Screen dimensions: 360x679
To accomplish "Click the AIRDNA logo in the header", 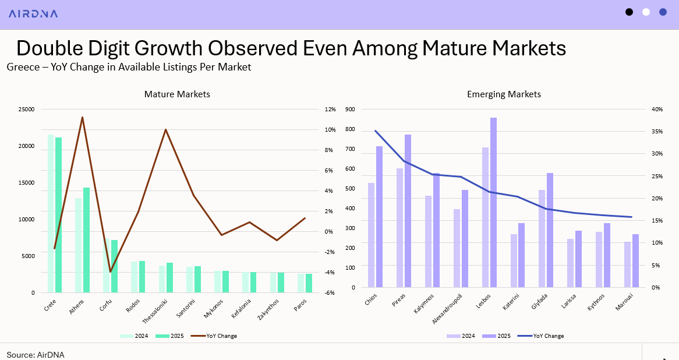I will [x=33, y=13].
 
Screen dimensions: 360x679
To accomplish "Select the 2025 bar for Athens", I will [x=87, y=239].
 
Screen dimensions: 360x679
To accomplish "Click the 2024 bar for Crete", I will [x=51, y=213].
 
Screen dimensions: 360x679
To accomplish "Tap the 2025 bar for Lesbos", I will [x=493, y=202].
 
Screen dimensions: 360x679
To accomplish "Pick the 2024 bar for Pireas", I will [x=399, y=228].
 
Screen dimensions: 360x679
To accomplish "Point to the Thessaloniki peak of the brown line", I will [x=165, y=129].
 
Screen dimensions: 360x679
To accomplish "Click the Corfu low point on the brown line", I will [x=110, y=272].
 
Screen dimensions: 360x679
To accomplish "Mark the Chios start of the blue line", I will [x=376, y=130].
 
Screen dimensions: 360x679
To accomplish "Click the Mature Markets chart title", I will [x=177, y=94].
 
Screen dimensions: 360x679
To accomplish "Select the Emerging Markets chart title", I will [x=504, y=94].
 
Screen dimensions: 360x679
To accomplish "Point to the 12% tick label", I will [x=330, y=110].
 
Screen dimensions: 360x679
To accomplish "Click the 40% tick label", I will [x=656, y=110].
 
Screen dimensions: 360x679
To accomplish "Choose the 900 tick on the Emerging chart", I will [x=350, y=110].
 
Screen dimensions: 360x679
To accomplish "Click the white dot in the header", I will [x=646, y=12].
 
